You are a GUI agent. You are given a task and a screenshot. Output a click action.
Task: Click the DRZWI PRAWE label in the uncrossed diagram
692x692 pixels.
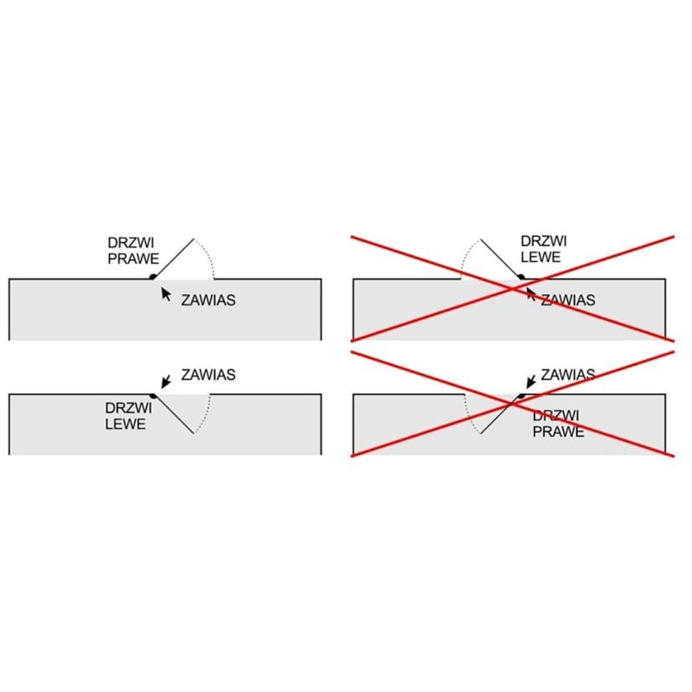pyautogui.click(x=133, y=251)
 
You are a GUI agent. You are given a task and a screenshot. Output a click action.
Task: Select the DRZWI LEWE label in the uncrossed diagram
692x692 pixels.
pyautogui.click(x=128, y=416)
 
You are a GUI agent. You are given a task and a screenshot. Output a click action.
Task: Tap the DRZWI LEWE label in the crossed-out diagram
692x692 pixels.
pyautogui.click(x=544, y=249)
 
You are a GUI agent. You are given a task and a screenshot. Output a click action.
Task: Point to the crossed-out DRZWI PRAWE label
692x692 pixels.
pyautogui.click(x=558, y=423)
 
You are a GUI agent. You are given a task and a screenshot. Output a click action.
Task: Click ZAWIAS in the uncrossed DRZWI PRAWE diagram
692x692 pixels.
pyautogui.click(x=208, y=300)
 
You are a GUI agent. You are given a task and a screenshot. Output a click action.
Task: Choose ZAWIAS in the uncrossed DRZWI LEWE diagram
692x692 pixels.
pyautogui.click(x=208, y=375)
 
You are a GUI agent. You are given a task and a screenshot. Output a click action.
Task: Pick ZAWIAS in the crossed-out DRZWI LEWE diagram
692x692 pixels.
pyautogui.click(x=568, y=300)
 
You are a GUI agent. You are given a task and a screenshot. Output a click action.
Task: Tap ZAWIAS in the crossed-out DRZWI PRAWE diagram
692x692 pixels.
pyautogui.click(x=568, y=375)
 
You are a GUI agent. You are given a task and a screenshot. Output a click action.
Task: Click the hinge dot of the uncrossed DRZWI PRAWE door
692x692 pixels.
pyautogui.click(x=153, y=277)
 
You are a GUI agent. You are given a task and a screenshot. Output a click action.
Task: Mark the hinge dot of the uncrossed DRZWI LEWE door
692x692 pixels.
pyautogui.click(x=153, y=396)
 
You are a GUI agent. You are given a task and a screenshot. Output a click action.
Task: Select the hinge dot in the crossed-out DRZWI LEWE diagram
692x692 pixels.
pyautogui.click(x=522, y=277)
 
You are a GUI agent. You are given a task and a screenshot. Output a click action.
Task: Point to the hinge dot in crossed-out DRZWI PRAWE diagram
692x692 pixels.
pyautogui.click(x=522, y=396)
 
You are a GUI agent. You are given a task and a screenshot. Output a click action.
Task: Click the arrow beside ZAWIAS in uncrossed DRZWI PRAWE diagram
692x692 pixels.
pyautogui.click(x=166, y=294)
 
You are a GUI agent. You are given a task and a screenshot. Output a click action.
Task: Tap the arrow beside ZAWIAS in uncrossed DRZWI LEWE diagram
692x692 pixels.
pyautogui.click(x=166, y=382)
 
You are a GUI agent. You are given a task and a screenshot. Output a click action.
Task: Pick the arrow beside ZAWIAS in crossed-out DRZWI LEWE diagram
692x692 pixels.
pyautogui.click(x=530, y=294)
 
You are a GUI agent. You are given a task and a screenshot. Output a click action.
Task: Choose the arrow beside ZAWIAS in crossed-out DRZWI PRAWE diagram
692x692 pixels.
pyautogui.click(x=531, y=382)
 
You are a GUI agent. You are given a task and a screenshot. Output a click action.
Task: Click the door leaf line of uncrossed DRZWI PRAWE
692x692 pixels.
pyautogui.click(x=174, y=258)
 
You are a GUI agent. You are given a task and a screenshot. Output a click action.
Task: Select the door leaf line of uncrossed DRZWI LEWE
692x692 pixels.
pyautogui.click(x=174, y=415)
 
